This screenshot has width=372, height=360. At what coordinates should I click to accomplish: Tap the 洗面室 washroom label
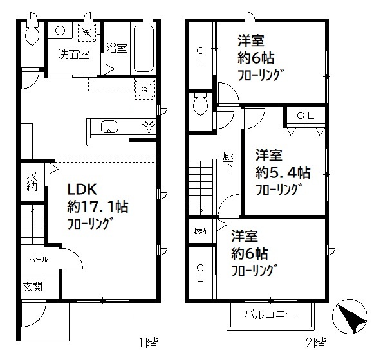point(74,55)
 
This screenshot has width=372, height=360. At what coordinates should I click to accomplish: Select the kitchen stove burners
point(149,126)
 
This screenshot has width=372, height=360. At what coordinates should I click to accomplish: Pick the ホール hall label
point(35,260)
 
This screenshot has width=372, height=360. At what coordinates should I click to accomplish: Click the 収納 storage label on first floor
point(32,181)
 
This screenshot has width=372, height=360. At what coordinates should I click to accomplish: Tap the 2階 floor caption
point(315,343)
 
